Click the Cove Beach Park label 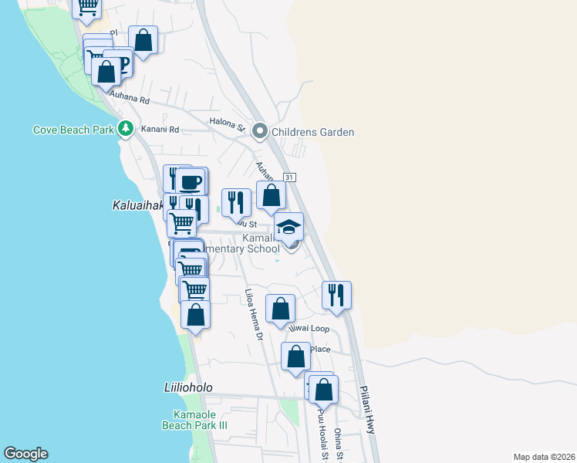73,130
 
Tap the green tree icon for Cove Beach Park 126,130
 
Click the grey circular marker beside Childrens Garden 259,132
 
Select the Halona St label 227,122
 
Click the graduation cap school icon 288,227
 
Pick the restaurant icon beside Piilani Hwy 336,295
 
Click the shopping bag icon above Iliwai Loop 281,308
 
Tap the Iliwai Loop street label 309,329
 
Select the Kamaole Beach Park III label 189,419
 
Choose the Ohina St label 339,444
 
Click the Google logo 25,454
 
